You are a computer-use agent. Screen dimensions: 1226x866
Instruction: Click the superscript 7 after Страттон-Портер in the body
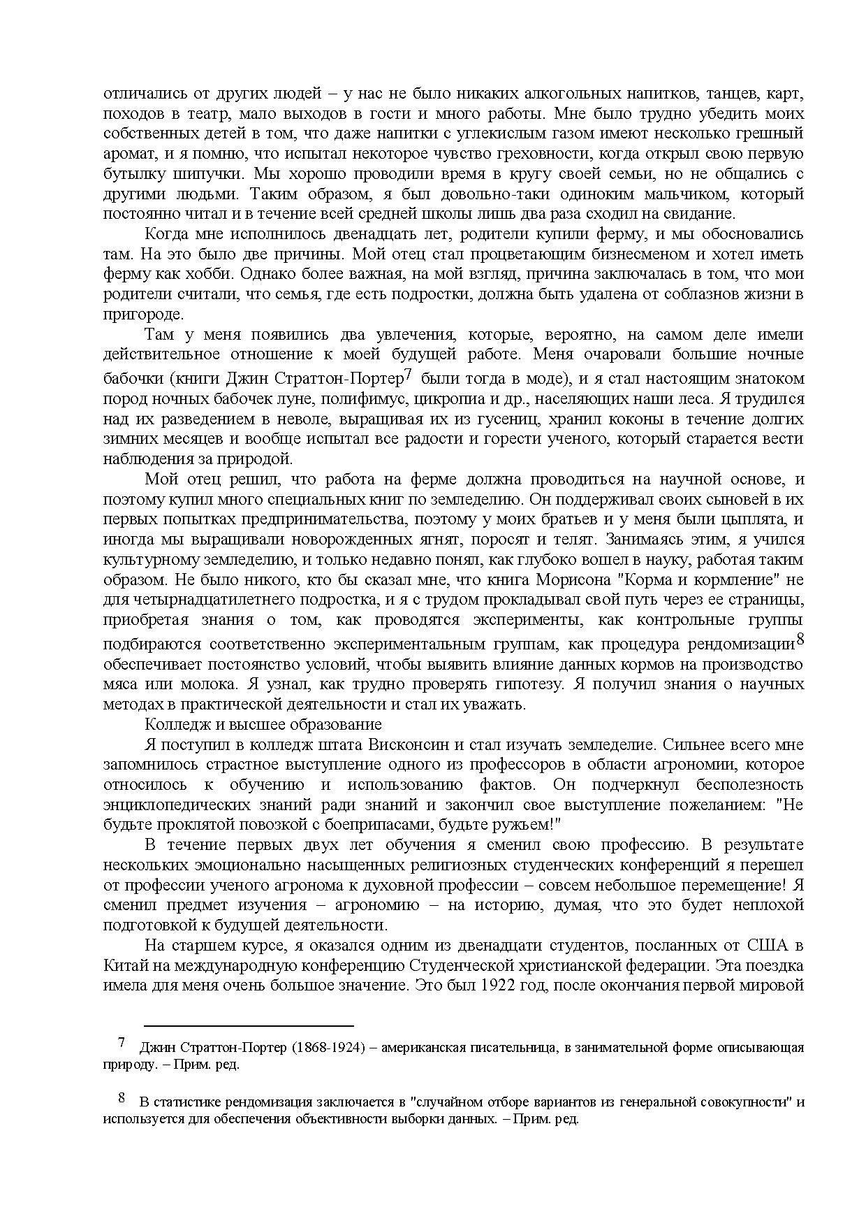pos(409,374)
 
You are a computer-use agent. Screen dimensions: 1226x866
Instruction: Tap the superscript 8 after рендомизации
pos(800,639)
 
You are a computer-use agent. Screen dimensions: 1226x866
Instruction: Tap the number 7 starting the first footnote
pos(122,1044)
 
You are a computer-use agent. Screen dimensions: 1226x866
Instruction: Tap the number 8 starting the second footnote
pos(122,1098)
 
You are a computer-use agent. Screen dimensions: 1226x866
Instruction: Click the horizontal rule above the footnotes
pos(249,1025)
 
